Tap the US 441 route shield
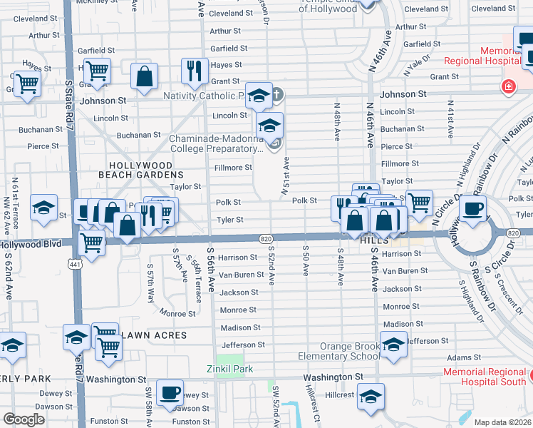click(x=73, y=263)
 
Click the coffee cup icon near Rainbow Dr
click(x=472, y=208)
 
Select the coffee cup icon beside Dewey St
click(x=170, y=392)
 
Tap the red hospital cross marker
click(x=508, y=87)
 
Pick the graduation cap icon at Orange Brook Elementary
click(x=393, y=345)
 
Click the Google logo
click(x=24, y=419)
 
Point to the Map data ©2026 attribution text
click(x=502, y=422)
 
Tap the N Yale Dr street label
click(x=416, y=65)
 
